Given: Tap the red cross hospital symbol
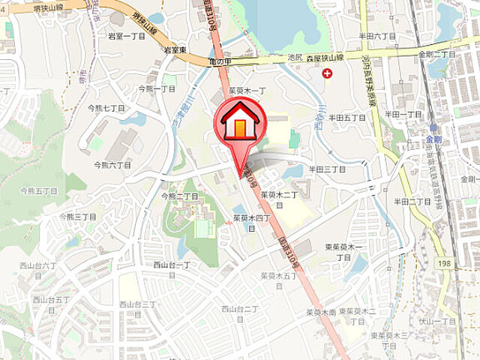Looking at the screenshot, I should coord(327,73).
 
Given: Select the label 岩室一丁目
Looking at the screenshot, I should coord(126,36).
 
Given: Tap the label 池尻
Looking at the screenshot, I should coord(295,57).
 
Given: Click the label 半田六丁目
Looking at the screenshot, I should coord(377,35).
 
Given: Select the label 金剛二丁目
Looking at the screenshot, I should coord(437,55).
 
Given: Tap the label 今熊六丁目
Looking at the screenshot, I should coord(112,164).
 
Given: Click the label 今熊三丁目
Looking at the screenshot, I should coord(78,217).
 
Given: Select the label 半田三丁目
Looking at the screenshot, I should coord(327,169).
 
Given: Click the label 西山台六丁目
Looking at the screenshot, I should coord(38,265).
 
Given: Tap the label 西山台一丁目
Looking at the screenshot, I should coord(172,265).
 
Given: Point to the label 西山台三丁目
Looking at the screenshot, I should coord(138,304).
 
